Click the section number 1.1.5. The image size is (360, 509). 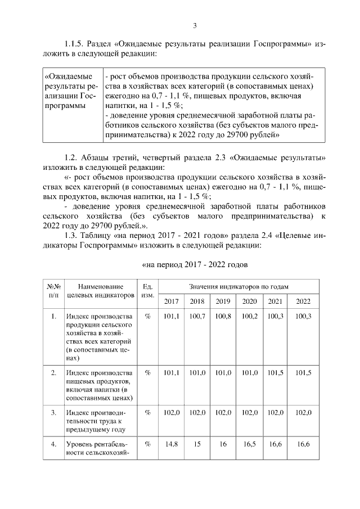pyautogui.click(x=75, y=44)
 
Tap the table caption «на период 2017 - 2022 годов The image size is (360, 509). pyautogui.click(x=193, y=264)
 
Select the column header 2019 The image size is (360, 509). pyautogui.click(x=223, y=301)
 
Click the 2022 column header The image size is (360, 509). pyautogui.click(x=303, y=301)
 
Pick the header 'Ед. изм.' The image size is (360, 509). pyautogui.click(x=147, y=291)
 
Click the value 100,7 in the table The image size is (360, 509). pyautogui.click(x=197, y=317)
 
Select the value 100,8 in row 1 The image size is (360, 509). pyautogui.click(x=223, y=317)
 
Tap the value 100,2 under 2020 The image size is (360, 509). pyautogui.click(x=249, y=317)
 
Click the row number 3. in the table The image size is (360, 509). pyautogui.click(x=53, y=412)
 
